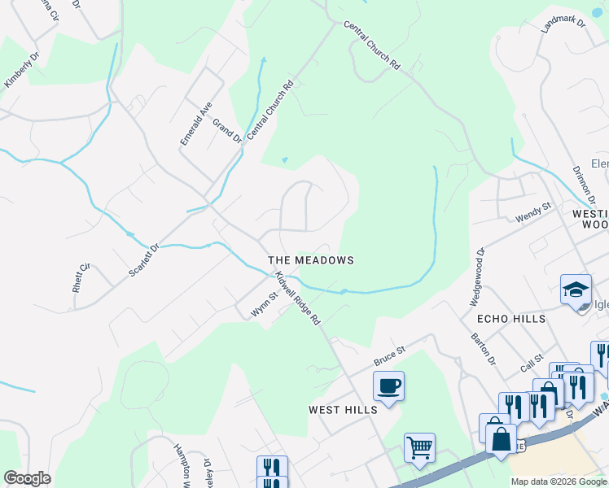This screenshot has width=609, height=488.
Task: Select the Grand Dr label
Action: tap(227, 130)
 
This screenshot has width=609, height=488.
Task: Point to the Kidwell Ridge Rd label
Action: tap(298, 298)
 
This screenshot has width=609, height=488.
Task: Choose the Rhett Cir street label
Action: tap(80, 277)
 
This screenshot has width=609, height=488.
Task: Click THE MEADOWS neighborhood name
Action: tap(311, 260)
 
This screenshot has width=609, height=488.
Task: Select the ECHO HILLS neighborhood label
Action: tap(511, 319)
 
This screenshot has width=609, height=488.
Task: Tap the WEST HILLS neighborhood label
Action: tap(343, 410)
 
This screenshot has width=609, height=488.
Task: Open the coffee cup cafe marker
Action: tap(389, 386)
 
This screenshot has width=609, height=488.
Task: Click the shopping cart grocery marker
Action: tap(419, 447)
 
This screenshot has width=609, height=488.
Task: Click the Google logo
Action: tap(27, 478)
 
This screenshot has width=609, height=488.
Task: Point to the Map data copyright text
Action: tap(559, 481)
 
